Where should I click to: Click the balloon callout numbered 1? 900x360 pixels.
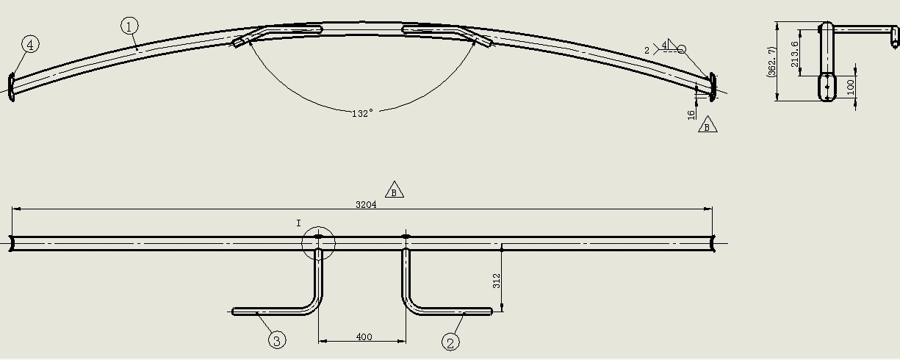coord(129,26)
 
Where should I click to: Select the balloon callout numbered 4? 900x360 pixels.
coord(31,44)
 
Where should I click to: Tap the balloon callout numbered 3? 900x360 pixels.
coord(277,341)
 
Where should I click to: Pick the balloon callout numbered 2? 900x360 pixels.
coord(450,342)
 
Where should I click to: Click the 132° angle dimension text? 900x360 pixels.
coord(362,114)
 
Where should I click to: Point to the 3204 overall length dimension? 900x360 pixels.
coord(366,204)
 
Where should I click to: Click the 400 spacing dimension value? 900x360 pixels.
coord(364,336)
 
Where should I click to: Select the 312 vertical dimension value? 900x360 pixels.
coord(497,281)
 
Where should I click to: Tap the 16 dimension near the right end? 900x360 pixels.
coord(691,115)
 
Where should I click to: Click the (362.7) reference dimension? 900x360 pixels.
coord(771,62)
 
